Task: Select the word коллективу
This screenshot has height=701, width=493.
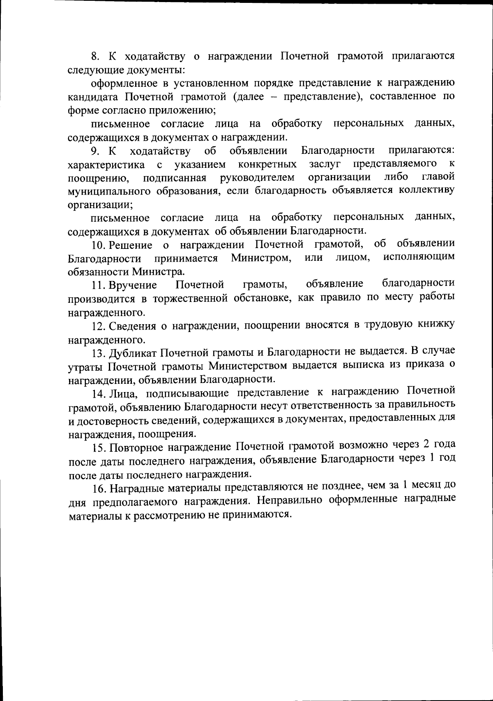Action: pyautogui.click(x=431, y=190)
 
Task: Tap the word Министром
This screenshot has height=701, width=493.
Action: pyautogui.click(x=261, y=258)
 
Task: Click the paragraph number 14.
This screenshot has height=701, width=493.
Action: pyautogui.click(x=99, y=393)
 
